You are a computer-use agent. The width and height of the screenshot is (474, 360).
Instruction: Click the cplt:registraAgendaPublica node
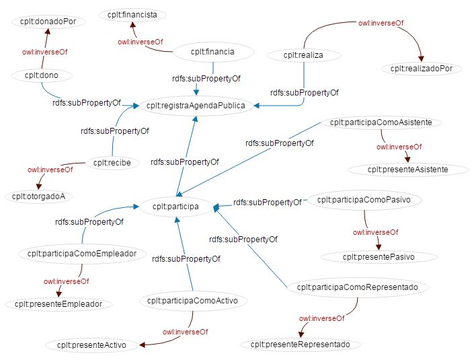pyautogui.click(x=195, y=106)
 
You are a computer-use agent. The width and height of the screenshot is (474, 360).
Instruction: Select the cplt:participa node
pyautogui.click(x=175, y=207)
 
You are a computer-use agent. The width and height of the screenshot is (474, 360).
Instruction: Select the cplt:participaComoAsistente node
pyautogui.click(x=381, y=122)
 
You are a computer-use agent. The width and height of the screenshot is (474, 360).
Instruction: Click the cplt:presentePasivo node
pyautogui.click(x=379, y=257)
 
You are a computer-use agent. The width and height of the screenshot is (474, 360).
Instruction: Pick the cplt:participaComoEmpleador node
pyautogui.click(x=83, y=254)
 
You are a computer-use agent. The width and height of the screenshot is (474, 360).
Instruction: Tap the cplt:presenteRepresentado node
pyautogui.click(x=301, y=344)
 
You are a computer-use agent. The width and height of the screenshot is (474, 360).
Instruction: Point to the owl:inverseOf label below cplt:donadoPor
pyautogui.click(x=45, y=51)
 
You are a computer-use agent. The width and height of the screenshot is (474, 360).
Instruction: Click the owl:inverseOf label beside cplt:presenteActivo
pyautogui.click(x=185, y=332)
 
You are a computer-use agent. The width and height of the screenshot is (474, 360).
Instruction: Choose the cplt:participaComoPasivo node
pyautogui.click(x=368, y=199)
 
